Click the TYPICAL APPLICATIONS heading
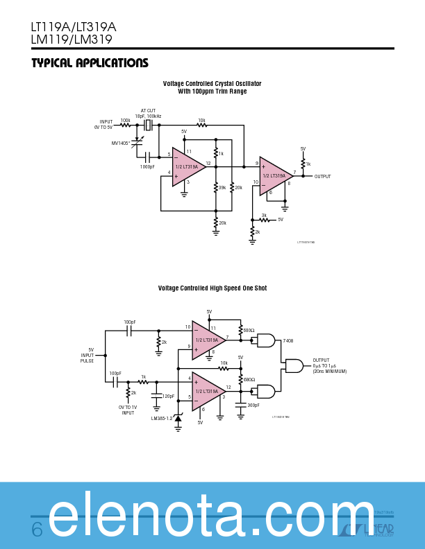(x=90, y=63)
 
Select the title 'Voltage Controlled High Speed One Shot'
(x=212, y=288)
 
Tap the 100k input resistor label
(x=125, y=121)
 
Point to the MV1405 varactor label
(x=121, y=143)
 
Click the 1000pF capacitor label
(x=147, y=167)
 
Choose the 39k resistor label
(x=222, y=188)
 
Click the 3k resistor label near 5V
(x=263, y=215)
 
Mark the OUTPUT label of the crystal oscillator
(x=322, y=177)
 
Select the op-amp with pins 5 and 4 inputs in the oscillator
(x=188, y=166)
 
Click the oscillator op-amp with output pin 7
(x=275, y=176)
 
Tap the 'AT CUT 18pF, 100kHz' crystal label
(x=149, y=113)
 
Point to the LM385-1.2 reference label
(x=161, y=418)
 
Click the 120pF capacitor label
(x=167, y=396)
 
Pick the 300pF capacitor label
(x=253, y=405)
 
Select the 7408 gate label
(x=287, y=341)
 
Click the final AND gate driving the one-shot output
(x=294, y=365)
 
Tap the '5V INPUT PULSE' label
(x=87, y=355)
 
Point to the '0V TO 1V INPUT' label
(x=128, y=410)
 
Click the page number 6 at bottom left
(x=37, y=530)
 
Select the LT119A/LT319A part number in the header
(x=73, y=27)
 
